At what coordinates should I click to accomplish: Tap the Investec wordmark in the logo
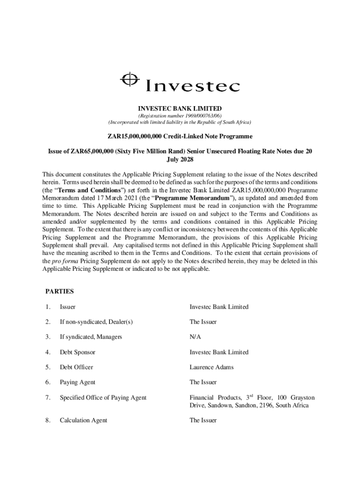(193, 86)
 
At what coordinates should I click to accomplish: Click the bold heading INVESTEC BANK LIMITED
(180, 109)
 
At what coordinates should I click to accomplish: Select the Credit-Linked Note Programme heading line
(180, 137)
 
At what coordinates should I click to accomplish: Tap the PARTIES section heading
(59, 291)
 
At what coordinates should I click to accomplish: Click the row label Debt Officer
(76, 367)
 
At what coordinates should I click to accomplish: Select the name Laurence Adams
(211, 367)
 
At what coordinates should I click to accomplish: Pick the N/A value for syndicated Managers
(195, 337)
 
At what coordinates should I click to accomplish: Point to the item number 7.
(48, 398)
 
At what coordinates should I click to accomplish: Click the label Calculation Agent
(83, 421)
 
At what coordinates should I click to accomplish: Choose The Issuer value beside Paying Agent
(203, 382)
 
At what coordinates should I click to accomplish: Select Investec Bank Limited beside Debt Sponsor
(219, 352)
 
